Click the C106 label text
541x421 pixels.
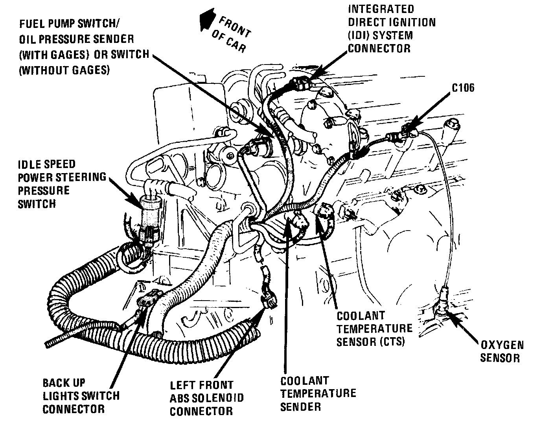click(x=463, y=87)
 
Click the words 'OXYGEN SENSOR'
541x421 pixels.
click(x=502, y=351)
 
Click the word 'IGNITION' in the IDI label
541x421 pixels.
click(x=412, y=22)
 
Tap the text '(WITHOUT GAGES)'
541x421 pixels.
click(x=64, y=70)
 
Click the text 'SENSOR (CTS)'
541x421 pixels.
click(x=370, y=341)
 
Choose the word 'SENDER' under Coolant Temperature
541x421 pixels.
click(x=300, y=406)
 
